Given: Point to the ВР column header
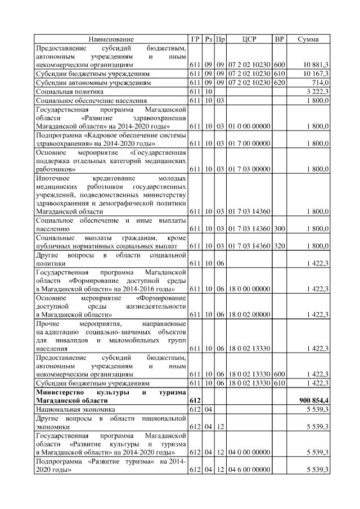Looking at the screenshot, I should (279, 39).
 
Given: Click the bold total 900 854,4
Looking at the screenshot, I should (313, 399).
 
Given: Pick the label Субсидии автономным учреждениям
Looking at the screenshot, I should (93, 82).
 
